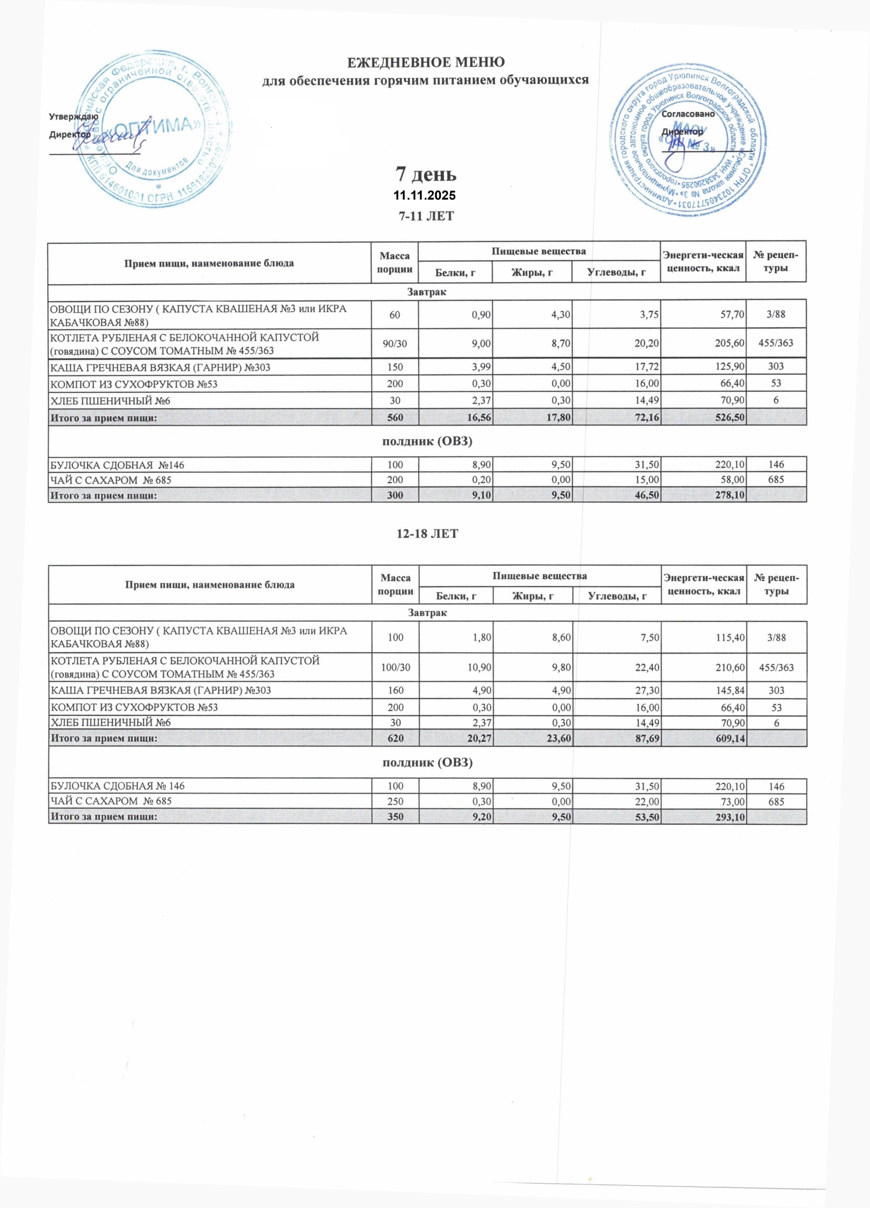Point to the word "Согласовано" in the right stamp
point(688,114)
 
